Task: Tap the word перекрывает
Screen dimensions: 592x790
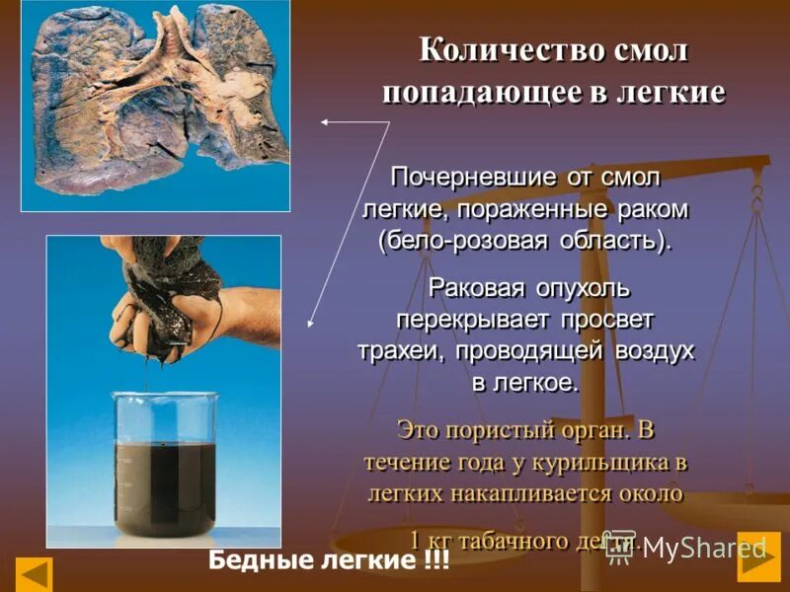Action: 479,321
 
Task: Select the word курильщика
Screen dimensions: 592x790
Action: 611,461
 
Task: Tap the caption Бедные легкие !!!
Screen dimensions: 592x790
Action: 329,561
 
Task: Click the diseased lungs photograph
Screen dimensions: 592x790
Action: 155,104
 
